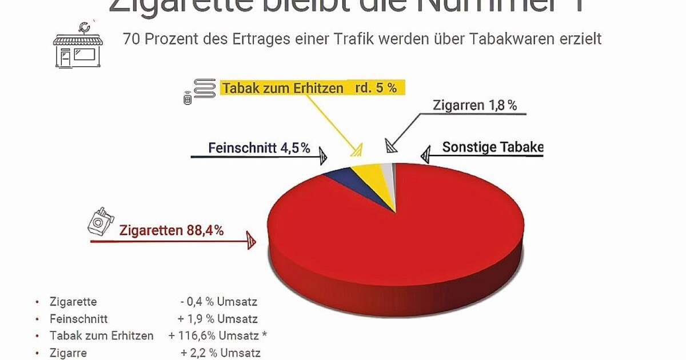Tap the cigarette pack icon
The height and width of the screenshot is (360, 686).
(99, 221)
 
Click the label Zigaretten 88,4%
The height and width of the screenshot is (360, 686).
(171, 231)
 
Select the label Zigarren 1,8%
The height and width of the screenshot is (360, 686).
(474, 106)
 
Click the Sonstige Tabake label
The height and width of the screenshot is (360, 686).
(492, 147)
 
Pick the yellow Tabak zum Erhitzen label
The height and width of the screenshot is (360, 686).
(309, 88)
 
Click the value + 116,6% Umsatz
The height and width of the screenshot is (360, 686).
(218, 336)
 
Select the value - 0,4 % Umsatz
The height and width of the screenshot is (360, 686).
(218, 302)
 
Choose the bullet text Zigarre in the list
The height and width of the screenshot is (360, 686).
(69, 353)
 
